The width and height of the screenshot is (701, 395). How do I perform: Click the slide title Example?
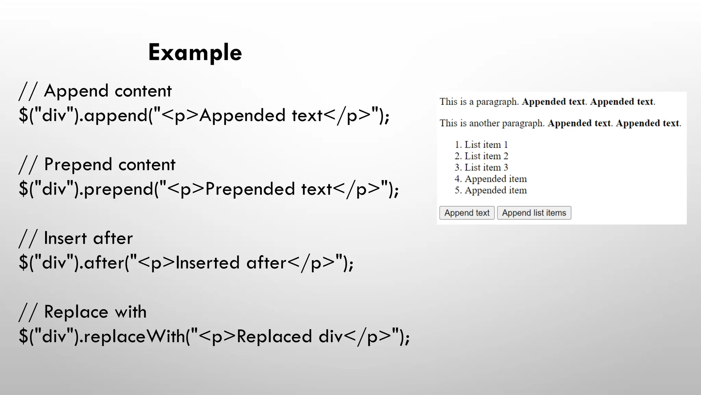[195, 52]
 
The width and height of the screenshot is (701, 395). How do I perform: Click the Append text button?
[467, 213]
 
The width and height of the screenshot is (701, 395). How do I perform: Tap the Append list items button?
[534, 213]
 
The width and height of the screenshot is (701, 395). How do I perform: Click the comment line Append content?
[95, 91]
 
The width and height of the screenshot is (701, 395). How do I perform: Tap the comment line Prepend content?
[97, 165]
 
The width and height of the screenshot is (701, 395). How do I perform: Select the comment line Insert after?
[76, 238]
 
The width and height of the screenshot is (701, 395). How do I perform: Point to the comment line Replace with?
[83, 312]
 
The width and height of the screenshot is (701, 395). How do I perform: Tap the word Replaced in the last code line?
[274, 336]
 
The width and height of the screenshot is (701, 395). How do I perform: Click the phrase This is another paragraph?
[492, 123]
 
